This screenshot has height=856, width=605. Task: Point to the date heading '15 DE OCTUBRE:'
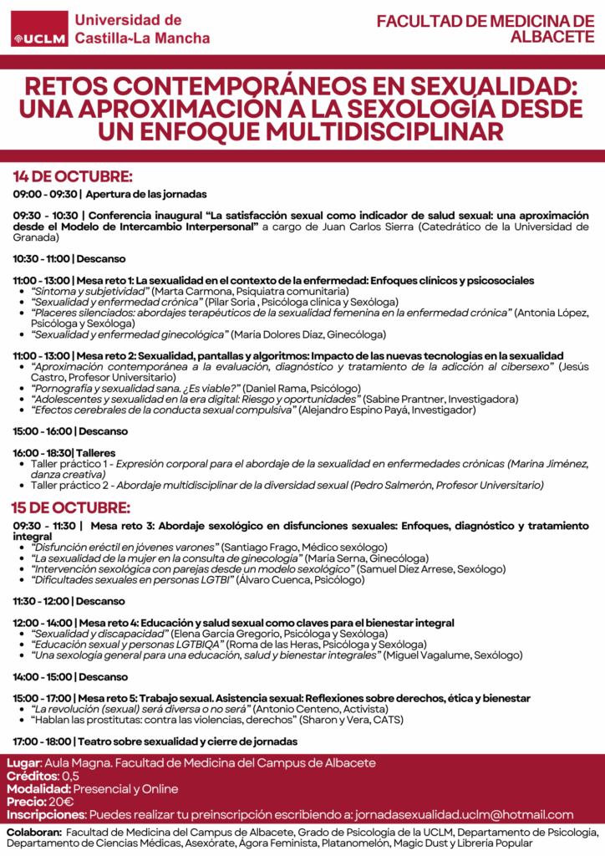click(x=72, y=507)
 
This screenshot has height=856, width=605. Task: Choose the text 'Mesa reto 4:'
click(x=107, y=623)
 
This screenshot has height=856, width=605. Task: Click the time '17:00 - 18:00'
click(x=43, y=741)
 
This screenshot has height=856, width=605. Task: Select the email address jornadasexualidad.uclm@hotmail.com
click(x=464, y=815)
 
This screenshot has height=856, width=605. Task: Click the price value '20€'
click(x=61, y=802)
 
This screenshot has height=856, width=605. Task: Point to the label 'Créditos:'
click(x=31, y=776)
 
